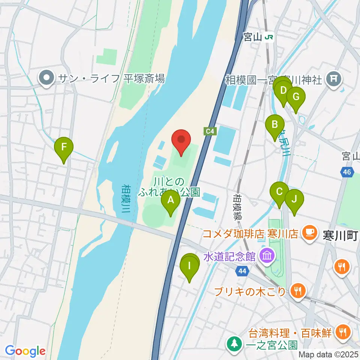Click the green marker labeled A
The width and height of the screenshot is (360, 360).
(171, 201)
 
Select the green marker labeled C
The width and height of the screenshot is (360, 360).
(279, 192)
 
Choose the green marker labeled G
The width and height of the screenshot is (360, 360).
(295, 97)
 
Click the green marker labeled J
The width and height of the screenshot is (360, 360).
(294, 199)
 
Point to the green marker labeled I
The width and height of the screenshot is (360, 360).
(189, 267)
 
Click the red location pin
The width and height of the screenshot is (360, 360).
(181, 140)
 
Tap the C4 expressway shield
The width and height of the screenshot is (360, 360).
(210, 131)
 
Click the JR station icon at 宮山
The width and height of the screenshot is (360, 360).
(268, 37)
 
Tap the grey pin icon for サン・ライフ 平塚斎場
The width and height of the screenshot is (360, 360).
(47, 78)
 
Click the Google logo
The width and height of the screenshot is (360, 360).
(25, 351)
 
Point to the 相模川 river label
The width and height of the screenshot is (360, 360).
(126, 199)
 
